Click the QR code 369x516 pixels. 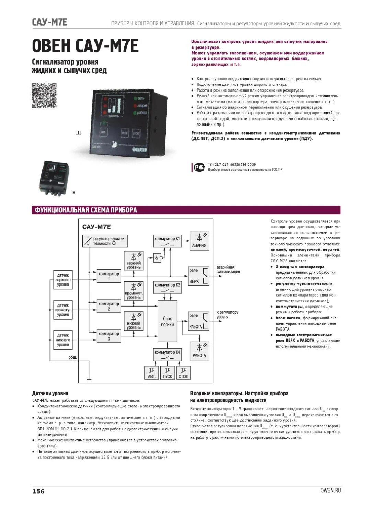point(44,96)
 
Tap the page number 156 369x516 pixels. point(38,491)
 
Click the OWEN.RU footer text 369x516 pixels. point(331,490)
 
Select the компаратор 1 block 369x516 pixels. point(109,276)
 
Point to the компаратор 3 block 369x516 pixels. point(109,336)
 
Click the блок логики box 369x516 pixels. point(167,321)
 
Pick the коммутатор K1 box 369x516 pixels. point(167,241)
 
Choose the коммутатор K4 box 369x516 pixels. point(167,354)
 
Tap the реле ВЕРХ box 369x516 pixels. point(198,276)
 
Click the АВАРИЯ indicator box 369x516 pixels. point(199,241)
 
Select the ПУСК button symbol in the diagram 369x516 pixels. point(167,373)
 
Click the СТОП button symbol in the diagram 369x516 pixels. point(183,373)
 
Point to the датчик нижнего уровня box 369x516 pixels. point(63,340)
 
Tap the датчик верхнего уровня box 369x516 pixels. point(63,280)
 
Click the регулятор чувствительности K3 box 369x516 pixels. point(105,241)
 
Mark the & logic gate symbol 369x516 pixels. point(157,258)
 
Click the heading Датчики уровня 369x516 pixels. point(50,393)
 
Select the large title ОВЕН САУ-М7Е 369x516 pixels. point(85,46)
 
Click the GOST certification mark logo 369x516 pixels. point(199,167)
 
